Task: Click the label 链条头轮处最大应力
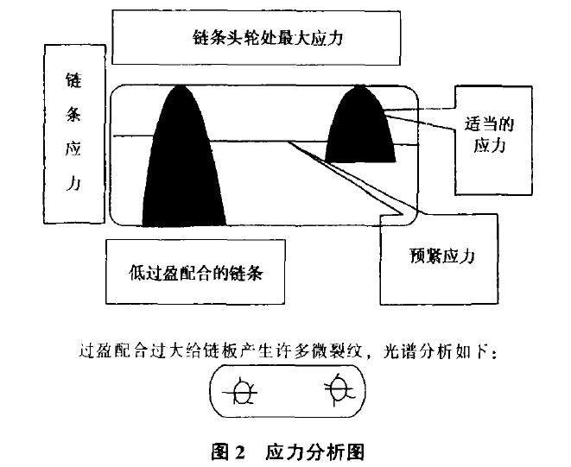click(268, 38)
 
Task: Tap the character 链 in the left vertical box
click(73, 80)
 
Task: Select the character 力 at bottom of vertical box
click(73, 181)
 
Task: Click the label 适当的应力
click(489, 135)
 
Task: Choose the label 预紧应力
click(442, 256)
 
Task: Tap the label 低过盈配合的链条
click(195, 272)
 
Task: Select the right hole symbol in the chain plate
click(339, 389)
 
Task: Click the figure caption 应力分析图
click(314, 452)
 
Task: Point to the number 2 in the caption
click(239, 453)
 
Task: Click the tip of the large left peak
click(180, 85)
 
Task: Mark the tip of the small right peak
click(359, 85)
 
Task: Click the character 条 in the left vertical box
click(73, 114)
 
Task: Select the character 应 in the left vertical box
click(73, 148)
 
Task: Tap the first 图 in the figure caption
click(219, 452)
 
